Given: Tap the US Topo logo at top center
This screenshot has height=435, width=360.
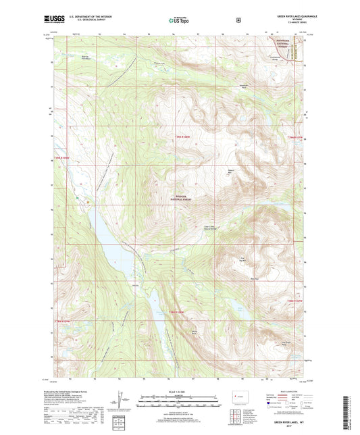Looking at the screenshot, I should coord(178,20).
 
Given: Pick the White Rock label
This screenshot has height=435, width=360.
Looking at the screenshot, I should coord(196,332).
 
